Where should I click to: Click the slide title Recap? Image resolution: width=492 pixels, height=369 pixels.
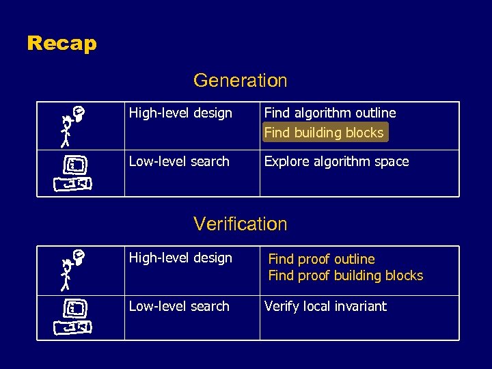coord(62,44)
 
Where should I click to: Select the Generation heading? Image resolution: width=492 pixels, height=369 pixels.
coord(240,81)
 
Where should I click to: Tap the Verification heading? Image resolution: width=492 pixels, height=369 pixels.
coord(240,223)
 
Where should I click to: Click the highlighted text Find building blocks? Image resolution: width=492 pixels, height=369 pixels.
coord(324,133)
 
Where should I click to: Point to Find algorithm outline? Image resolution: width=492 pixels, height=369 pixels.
coord(330,113)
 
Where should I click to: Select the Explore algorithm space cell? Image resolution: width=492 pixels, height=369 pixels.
coord(336,162)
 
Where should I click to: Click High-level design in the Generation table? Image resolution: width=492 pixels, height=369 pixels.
coord(180,113)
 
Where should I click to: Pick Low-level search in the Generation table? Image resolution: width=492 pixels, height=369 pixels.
coord(179,162)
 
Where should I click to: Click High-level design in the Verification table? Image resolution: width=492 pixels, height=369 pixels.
coord(180,258)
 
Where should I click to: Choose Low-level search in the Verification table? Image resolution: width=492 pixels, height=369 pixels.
coord(179,306)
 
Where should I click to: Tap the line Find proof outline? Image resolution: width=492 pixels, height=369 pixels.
coord(321,259)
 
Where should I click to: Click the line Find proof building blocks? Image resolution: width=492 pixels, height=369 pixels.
coord(345,275)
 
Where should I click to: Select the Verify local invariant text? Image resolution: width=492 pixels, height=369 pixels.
coord(325,306)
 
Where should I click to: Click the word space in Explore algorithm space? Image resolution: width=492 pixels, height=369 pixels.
coord(392,162)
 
